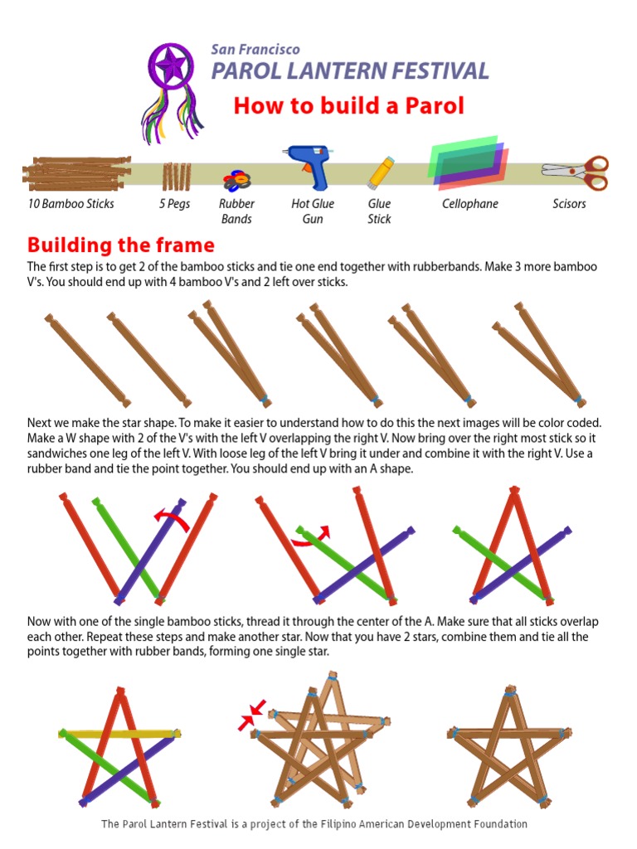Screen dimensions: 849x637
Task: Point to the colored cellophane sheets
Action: pos(468,161)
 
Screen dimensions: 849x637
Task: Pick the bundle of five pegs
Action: pos(176,176)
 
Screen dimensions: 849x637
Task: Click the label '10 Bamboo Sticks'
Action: pos(71,203)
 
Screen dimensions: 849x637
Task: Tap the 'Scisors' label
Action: pos(569,203)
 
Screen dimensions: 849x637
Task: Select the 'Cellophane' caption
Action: pos(469,203)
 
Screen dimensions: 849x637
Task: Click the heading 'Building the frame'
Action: pos(120,245)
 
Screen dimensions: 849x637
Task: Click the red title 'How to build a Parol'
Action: pos(348,106)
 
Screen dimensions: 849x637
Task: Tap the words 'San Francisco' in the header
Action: pos(255,50)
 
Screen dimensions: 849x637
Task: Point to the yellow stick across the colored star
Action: pos(120,733)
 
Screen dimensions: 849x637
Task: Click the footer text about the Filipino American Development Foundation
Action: pos(314,824)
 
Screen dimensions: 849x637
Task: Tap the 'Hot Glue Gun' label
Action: pos(312,211)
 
